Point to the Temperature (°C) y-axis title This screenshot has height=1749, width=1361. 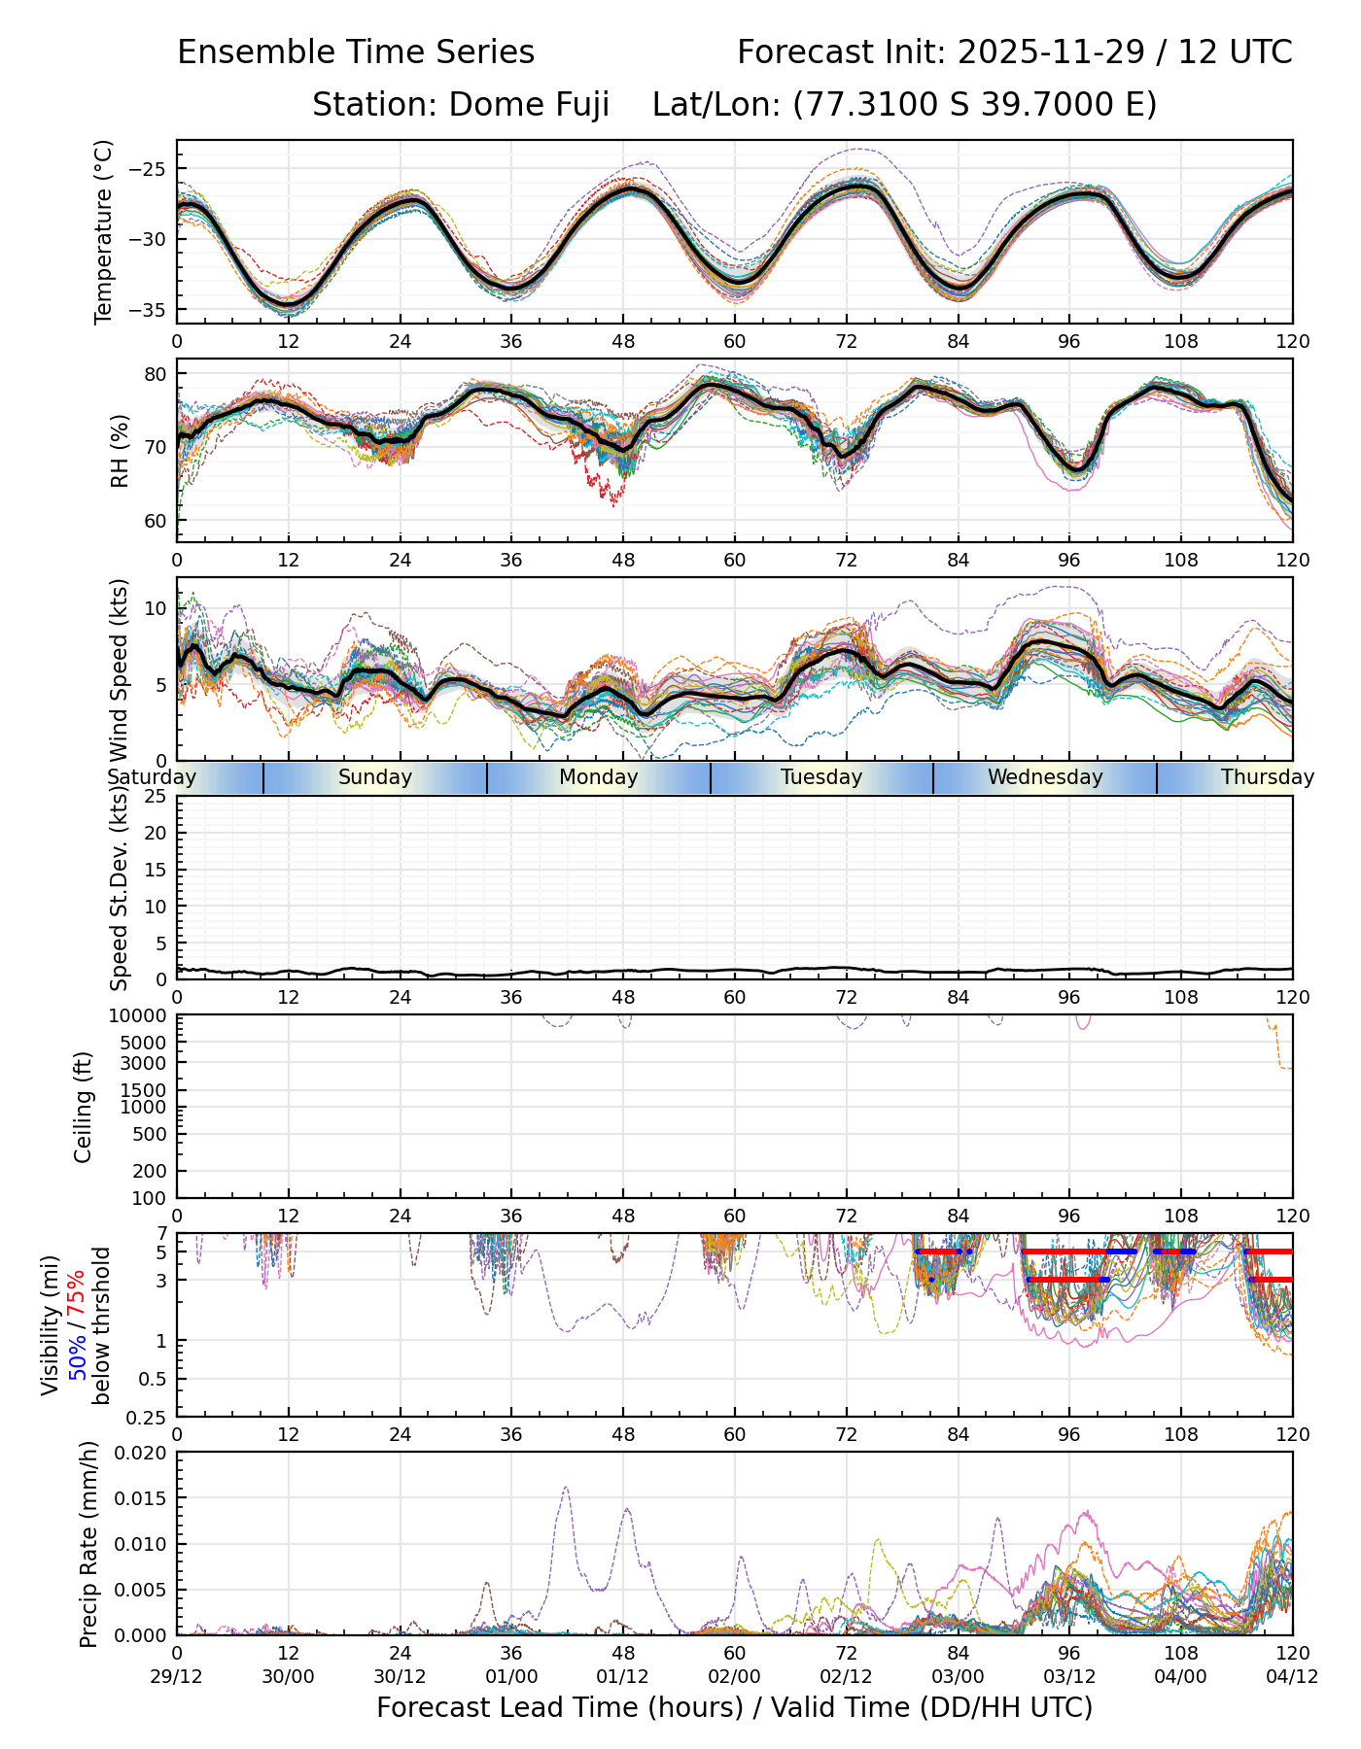[104, 231]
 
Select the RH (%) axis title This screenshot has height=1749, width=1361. [120, 450]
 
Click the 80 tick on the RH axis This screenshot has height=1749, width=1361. [156, 374]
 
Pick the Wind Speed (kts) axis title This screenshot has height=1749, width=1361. [120, 669]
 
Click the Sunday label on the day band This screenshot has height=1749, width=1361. [375, 777]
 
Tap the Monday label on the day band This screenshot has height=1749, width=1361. [598, 777]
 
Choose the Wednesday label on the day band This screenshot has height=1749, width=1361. [1045, 777]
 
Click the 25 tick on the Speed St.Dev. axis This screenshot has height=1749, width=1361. [156, 797]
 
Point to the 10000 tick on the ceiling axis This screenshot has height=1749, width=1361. [144, 1016]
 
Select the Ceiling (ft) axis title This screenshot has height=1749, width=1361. [85, 1107]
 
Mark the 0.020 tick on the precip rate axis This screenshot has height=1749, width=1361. [142, 1453]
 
